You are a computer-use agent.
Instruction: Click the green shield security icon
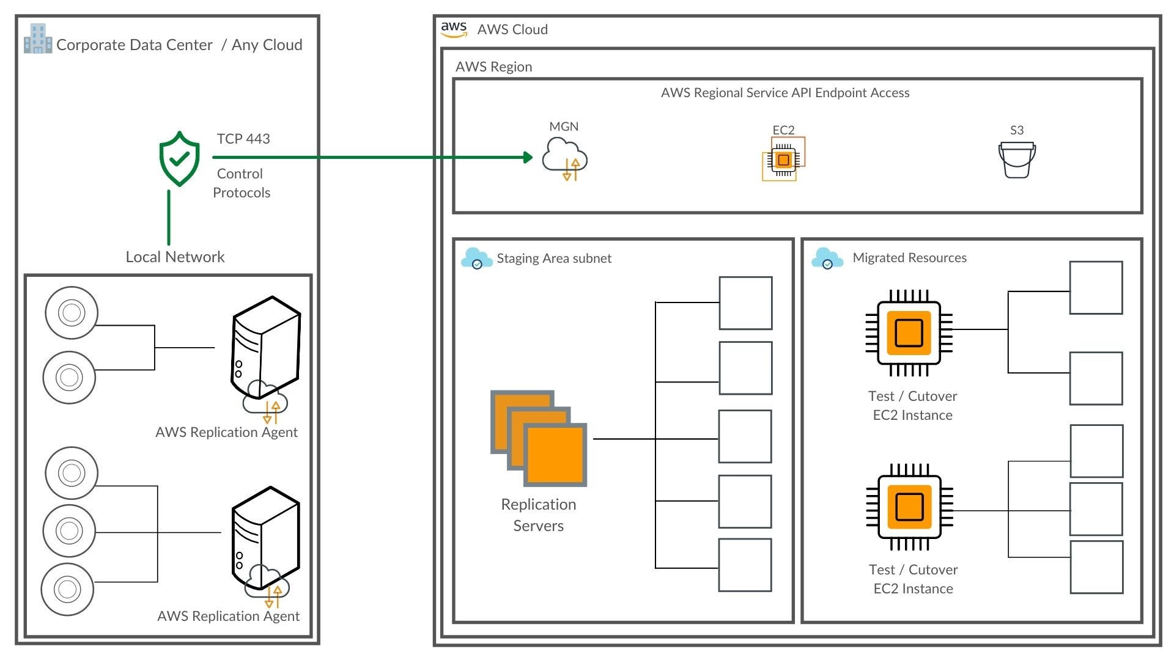coord(179,158)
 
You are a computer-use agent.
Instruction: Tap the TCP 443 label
coord(243,139)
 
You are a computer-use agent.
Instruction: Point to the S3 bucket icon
coord(1017,160)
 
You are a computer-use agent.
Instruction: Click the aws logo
coord(454,29)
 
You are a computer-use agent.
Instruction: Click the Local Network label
coord(175,257)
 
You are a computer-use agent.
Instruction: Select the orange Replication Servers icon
coord(539,438)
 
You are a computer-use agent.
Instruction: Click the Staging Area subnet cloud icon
coord(476,258)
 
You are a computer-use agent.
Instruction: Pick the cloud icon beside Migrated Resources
coord(827,258)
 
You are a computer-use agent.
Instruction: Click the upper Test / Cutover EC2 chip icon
coord(909,333)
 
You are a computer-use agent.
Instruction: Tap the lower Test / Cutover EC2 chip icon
coord(909,507)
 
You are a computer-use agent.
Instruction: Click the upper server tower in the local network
coord(265,348)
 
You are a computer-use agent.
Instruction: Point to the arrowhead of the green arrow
coord(528,157)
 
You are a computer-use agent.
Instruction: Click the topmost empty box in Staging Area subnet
coord(745,303)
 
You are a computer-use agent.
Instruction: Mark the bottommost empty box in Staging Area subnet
coord(745,565)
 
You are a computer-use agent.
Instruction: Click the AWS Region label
coord(493,67)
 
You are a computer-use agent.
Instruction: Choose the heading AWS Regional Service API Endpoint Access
coord(785,93)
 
